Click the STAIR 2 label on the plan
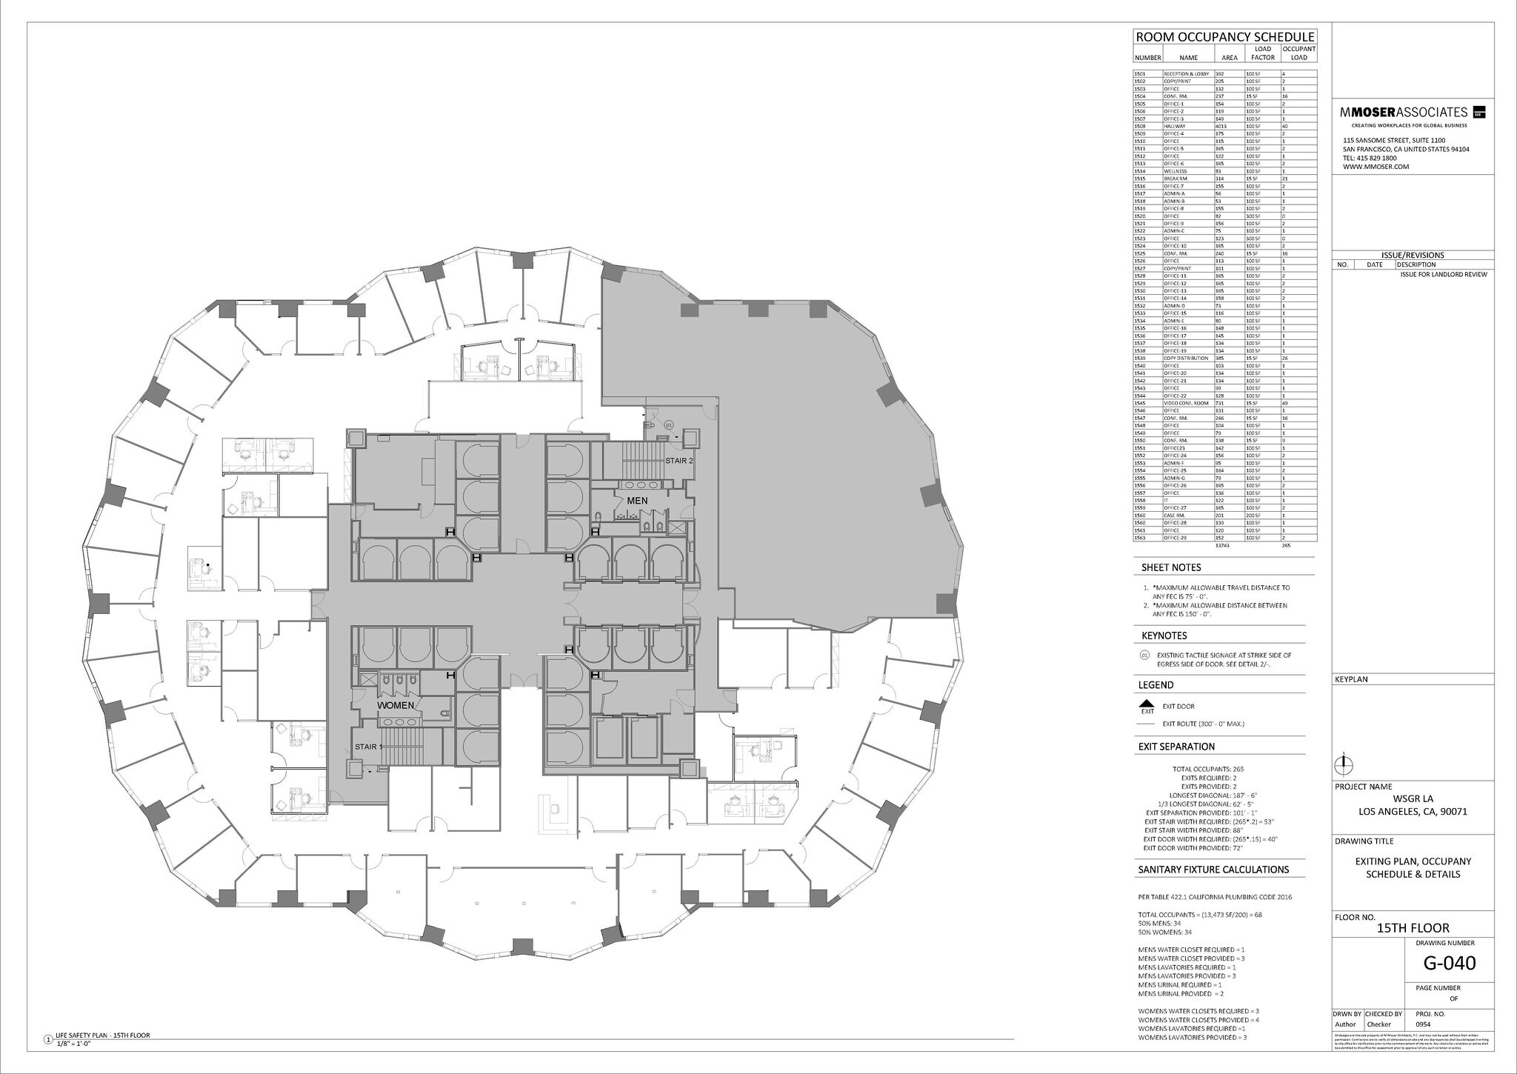pos(679,460)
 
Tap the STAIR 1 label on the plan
pos(369,746)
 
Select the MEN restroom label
pos(637,501)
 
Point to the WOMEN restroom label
pos(396,705)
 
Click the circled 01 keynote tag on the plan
pos(668,425)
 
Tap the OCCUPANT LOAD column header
pos(1298,53)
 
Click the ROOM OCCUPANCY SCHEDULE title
pos(1224,37)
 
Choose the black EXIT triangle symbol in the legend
pos(1147,704)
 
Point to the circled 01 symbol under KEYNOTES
pos(1144,656)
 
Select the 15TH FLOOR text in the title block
pos(1413,928)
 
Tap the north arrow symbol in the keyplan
pos(1341,763)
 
